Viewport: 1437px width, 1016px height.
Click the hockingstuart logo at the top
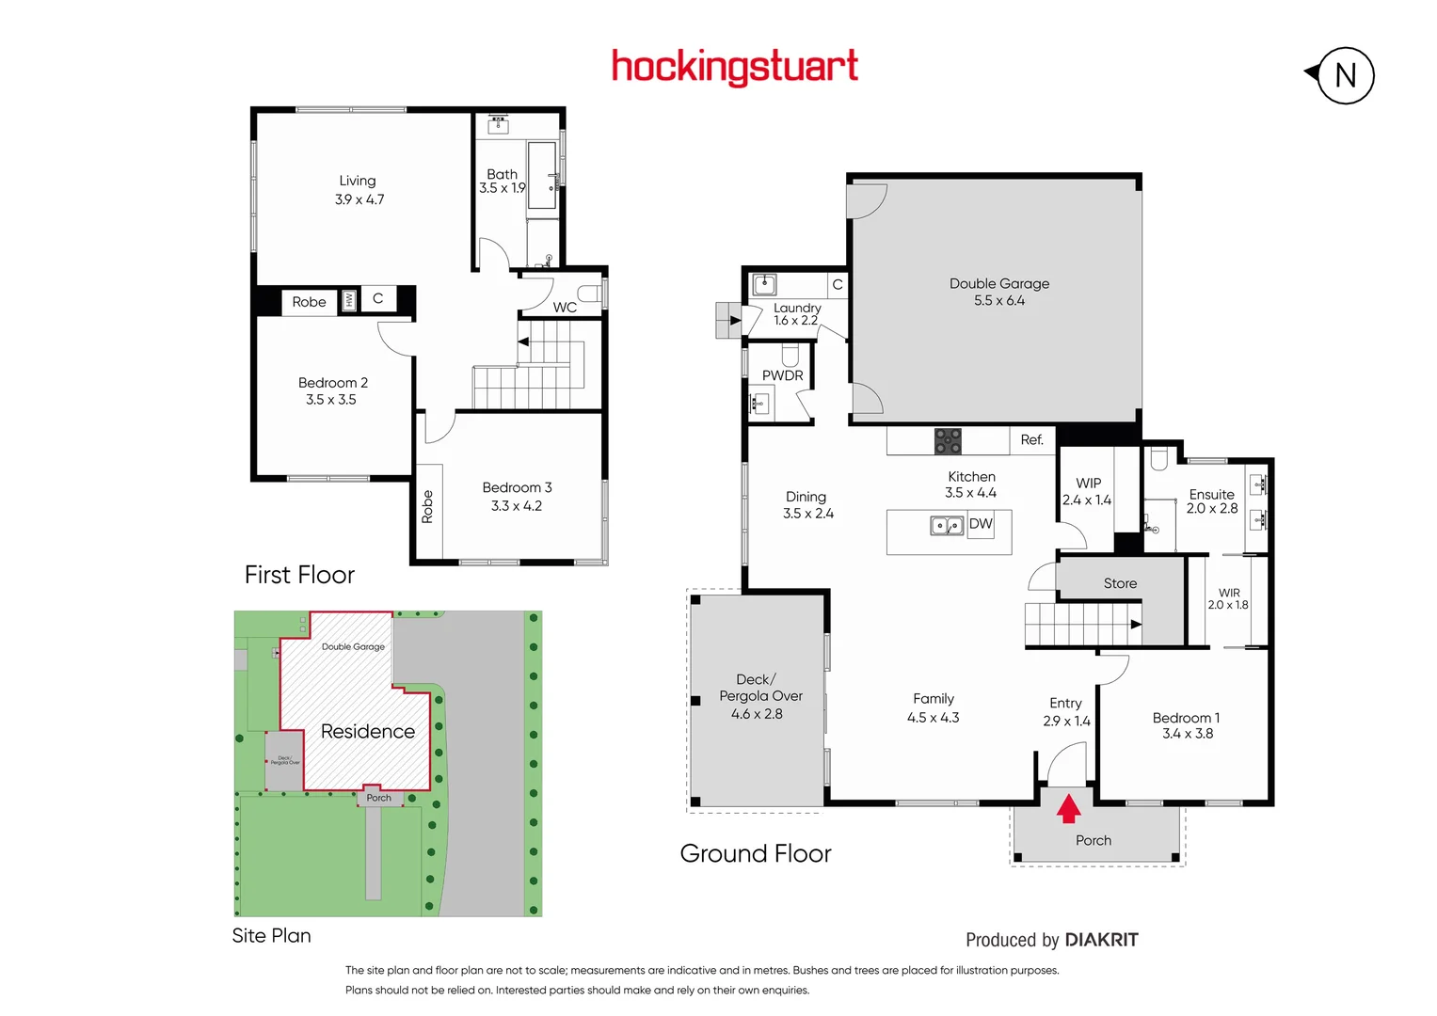[734, 68]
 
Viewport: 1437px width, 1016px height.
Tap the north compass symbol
[1345, 75]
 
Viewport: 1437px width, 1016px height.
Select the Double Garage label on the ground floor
[998, 283]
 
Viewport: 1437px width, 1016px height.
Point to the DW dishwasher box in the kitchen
[981, 524]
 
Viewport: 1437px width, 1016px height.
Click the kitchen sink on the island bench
[947, 525]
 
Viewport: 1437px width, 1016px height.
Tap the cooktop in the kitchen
[948, 440]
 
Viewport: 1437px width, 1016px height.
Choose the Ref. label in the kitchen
[1031, 439]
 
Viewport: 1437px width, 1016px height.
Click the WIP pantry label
[1088, 483]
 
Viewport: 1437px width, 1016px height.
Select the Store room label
[1120, 583]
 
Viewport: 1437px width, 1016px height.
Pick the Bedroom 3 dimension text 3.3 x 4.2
[517, 506]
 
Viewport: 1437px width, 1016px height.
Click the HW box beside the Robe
[349, 300]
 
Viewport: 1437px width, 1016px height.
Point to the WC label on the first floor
[565, 307]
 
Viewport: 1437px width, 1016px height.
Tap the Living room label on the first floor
[358, 181]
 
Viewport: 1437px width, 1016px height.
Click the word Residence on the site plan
[368, 731]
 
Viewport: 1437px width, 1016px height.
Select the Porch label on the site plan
[378, 798]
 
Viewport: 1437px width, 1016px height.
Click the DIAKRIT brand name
[1101, 940]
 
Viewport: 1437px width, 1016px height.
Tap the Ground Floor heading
[756, 853]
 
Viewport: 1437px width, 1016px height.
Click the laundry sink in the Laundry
[764, 283]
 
